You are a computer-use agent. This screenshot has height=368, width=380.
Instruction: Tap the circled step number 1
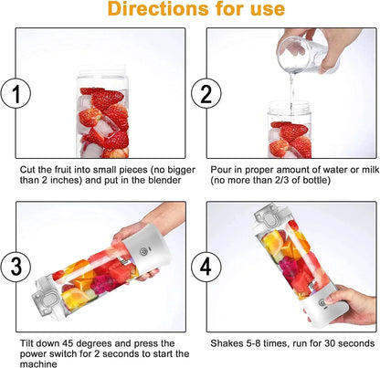pos(15,91)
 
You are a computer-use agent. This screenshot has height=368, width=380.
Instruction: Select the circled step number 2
pos(203,91)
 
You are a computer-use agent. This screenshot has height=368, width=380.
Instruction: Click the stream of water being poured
pos(291,91)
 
